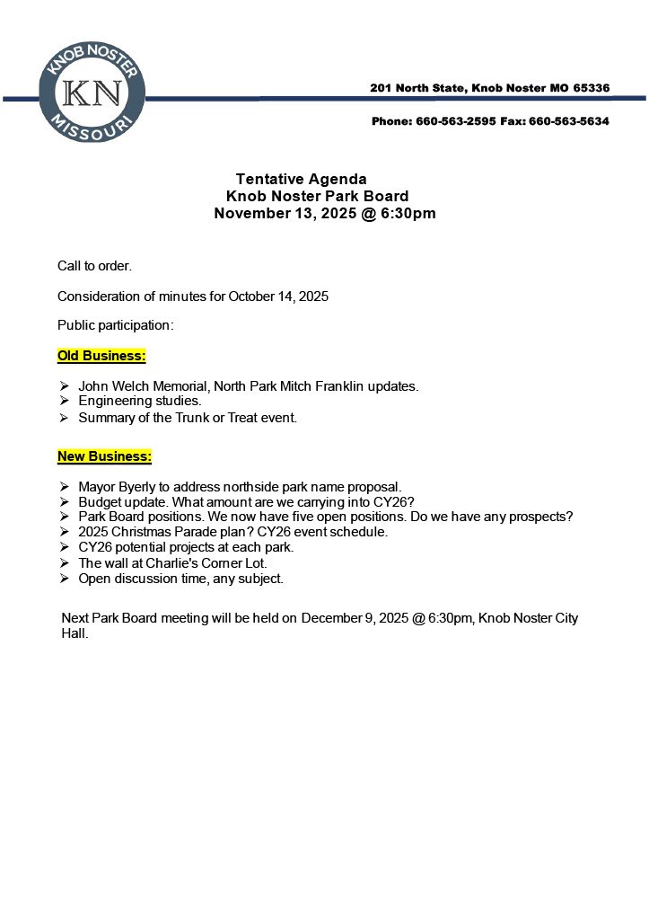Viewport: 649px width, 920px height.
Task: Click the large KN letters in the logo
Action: (x=92, y=93)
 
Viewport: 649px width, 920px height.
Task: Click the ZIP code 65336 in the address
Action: (x=590, y=88)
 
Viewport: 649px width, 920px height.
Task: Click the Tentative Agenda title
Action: (x=301, y=179)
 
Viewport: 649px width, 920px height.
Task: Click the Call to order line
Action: (x=94, y=266)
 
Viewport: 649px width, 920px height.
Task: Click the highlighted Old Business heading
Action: (x=101, y=356)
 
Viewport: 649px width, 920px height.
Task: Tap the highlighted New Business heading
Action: (x=104, y=456)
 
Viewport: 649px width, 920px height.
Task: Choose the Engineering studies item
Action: (x=139, y=401)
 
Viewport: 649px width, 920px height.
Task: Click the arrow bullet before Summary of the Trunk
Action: (x=65, y=418)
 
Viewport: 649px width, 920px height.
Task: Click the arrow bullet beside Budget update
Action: (x=65, y=502)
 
